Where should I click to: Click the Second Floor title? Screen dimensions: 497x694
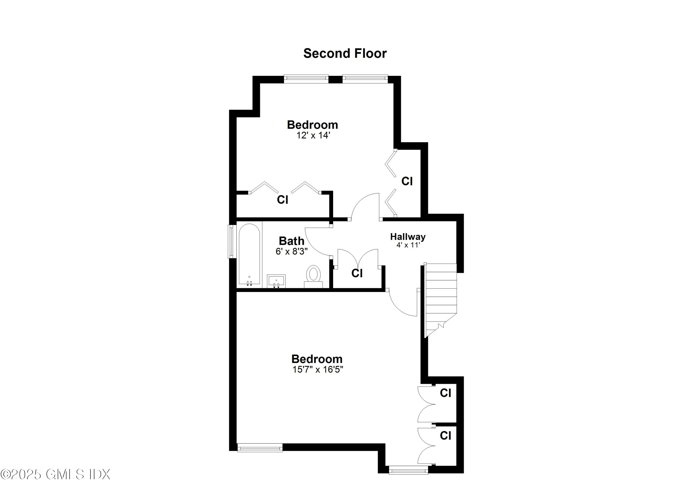point(345,54)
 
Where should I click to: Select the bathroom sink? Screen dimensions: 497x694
point(276,281)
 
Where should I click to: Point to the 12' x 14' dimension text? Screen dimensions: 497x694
point(313,135)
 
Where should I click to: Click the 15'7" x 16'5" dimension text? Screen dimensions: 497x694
point(318,369)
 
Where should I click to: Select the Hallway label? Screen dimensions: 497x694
point(408,236)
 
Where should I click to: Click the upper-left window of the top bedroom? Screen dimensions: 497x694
point(306,79)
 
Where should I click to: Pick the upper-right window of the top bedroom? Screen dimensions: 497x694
point(365,79)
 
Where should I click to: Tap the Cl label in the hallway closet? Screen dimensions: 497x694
point(357,273)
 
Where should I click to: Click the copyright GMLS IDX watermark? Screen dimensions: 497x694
point(55,474)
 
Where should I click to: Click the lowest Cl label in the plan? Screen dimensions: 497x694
point(446,436)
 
